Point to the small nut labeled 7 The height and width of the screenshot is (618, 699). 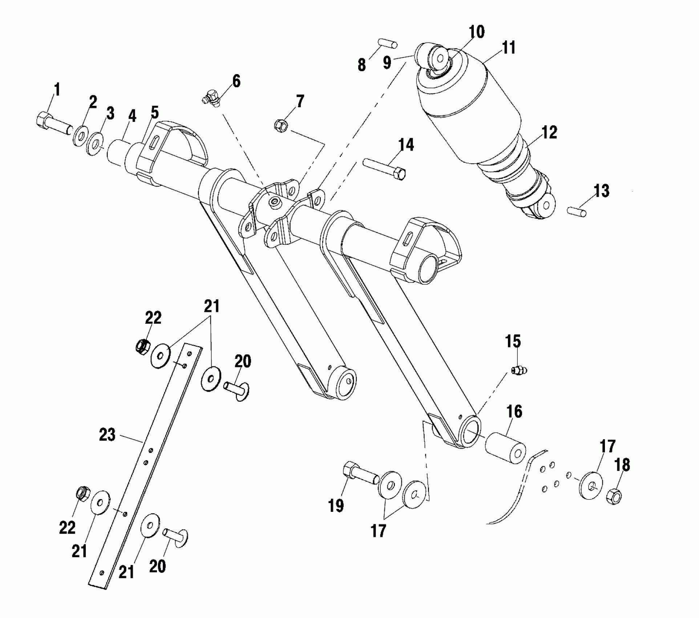pyautogui.click(x=281, y=126)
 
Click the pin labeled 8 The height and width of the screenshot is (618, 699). pyautogui.click(x=388, y=44)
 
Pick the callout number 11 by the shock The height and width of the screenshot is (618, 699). pyautogui.click(x=509, y=48)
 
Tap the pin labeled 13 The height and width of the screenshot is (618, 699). pyautogui.click(x=576, y=211)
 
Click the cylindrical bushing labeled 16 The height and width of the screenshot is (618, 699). pyautogui.click(x=505, y=448)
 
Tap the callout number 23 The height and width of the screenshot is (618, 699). pyautogui.click(x=107, y=435)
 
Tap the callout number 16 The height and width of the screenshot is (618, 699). pyautogui.click(x=514, y=412)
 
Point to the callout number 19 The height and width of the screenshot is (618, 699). pyautogui.click(x=336, y=505)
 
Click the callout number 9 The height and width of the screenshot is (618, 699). pyautogui.click(x=387, y=63)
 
